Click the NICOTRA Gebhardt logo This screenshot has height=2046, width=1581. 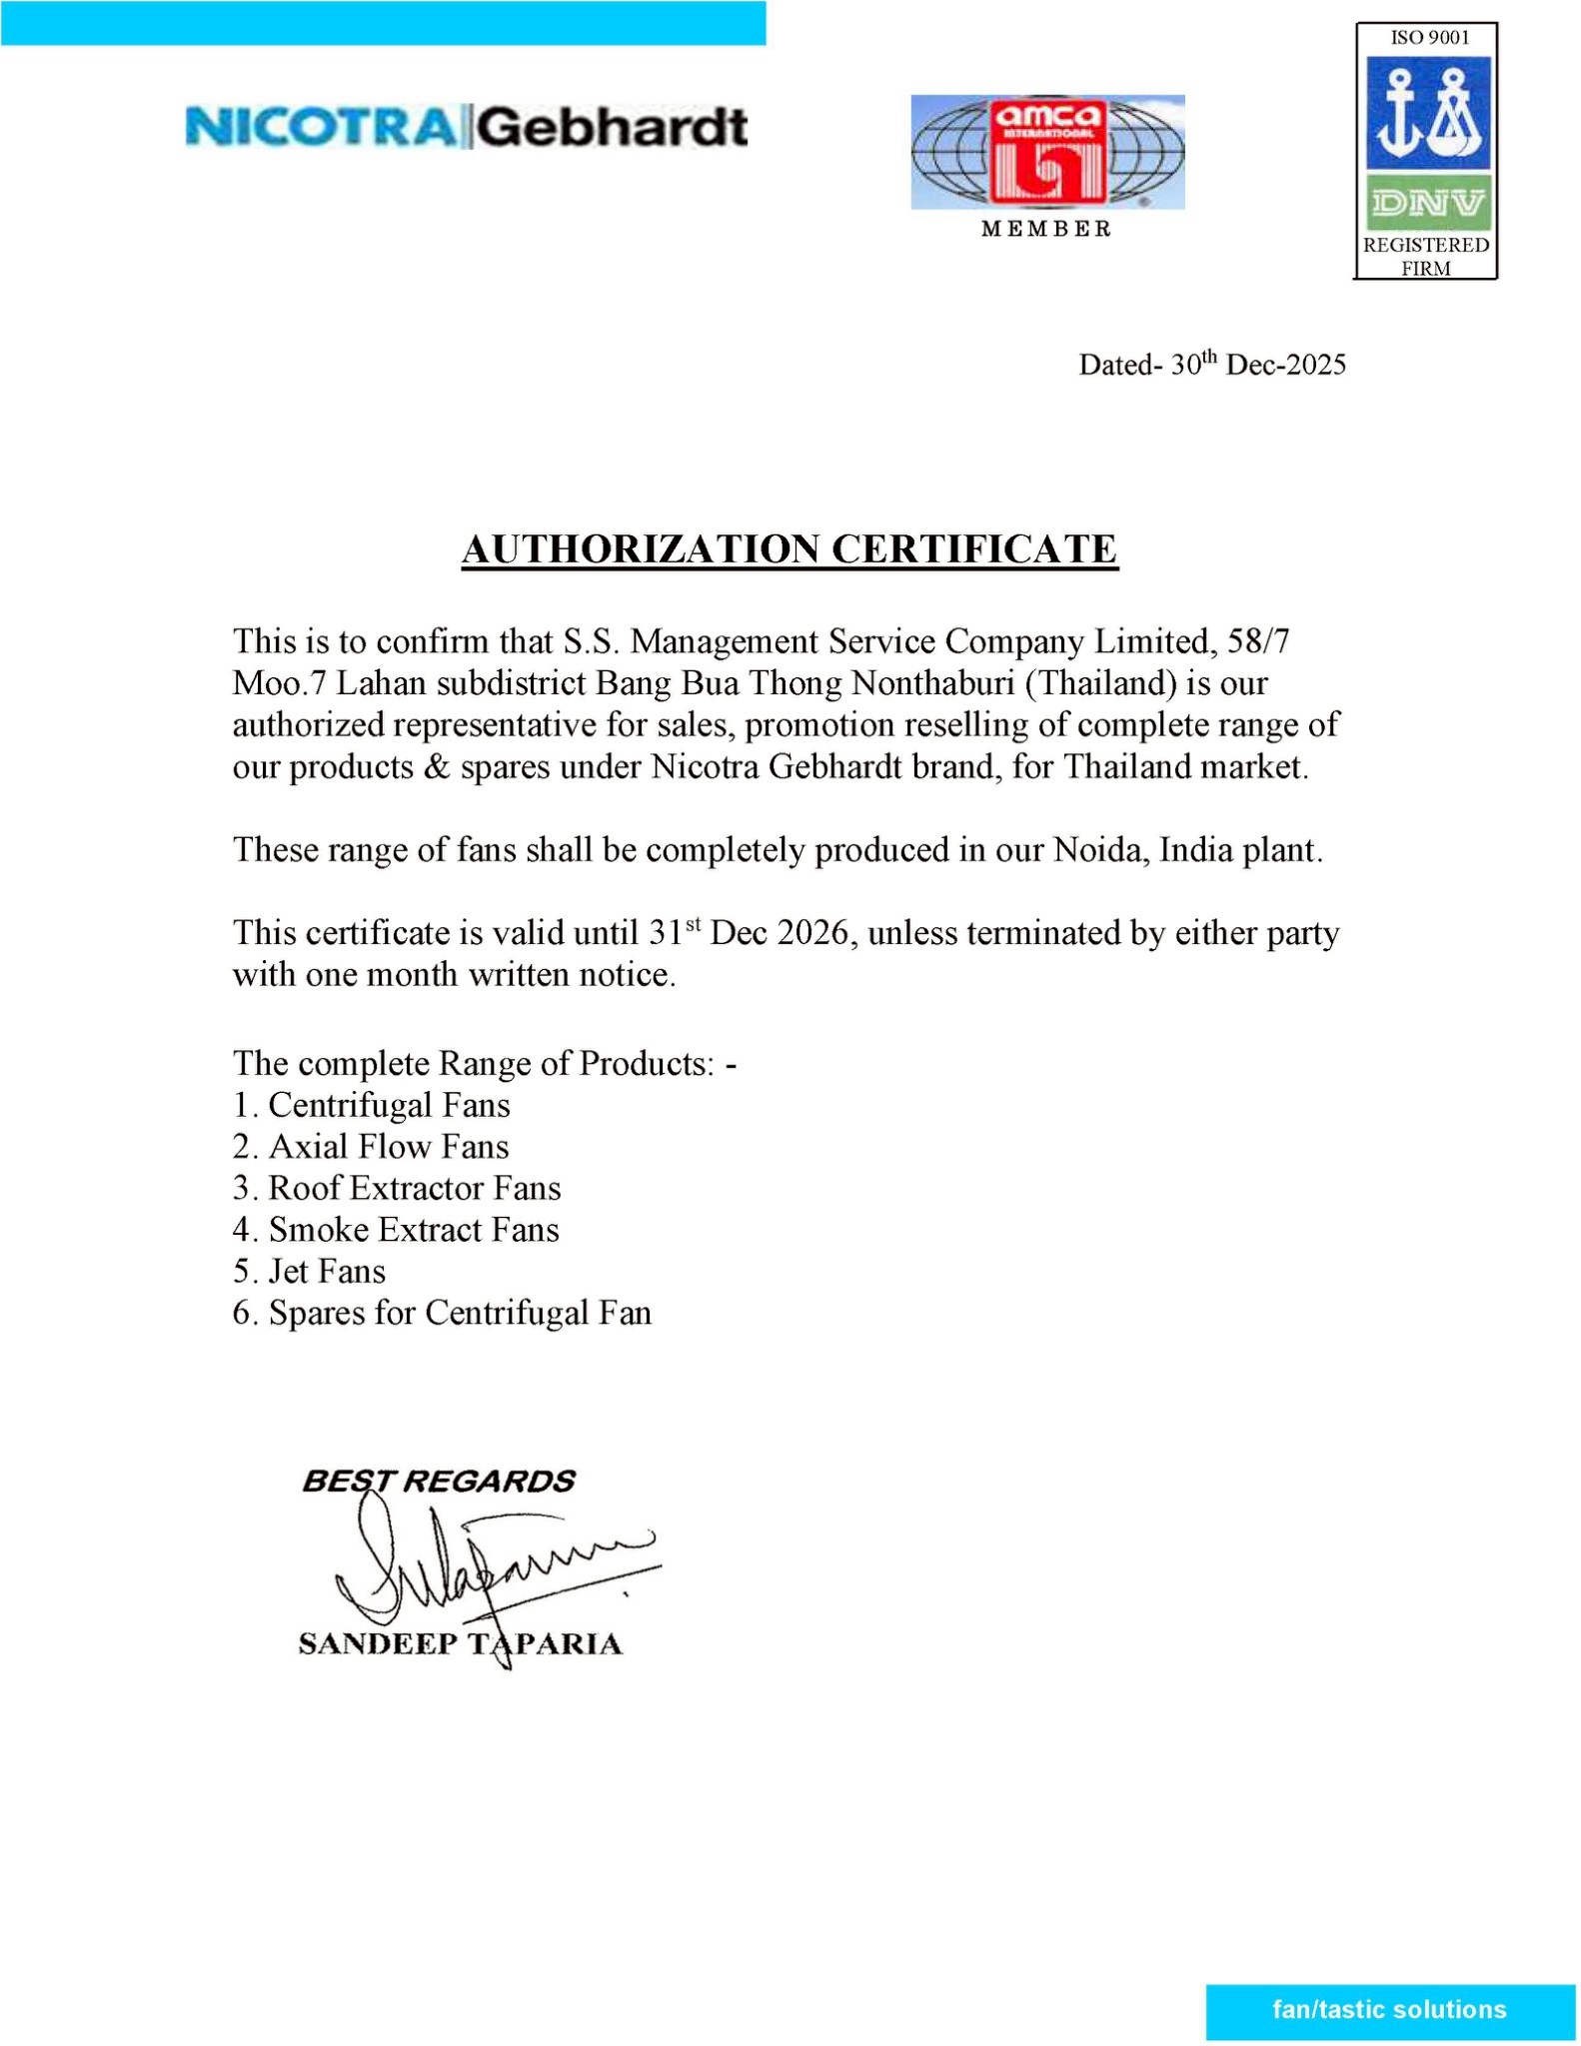466,129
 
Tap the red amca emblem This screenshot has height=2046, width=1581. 1047,150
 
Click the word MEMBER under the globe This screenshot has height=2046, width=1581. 1046,229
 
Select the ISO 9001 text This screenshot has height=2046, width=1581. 1426,38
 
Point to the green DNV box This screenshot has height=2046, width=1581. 1428,204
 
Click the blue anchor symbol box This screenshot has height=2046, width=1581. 1428,112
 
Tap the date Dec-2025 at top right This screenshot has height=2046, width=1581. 1285,365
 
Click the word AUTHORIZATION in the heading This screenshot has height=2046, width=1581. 640,549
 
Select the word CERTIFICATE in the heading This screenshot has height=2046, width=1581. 974,549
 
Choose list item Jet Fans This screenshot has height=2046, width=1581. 327,1271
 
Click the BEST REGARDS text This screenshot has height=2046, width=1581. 438,1481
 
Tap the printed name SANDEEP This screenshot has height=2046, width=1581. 375,1643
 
